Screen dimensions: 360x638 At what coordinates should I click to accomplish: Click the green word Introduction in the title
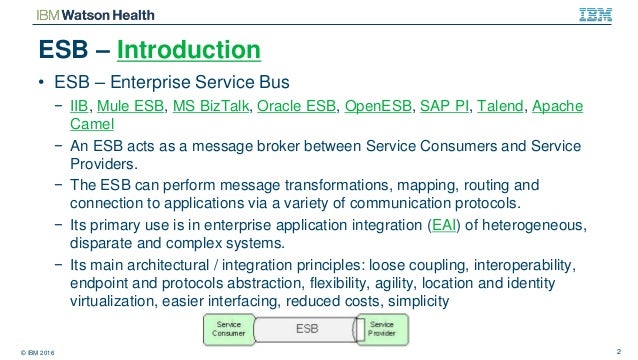190,49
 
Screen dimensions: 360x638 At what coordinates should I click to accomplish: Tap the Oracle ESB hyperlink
303,106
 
